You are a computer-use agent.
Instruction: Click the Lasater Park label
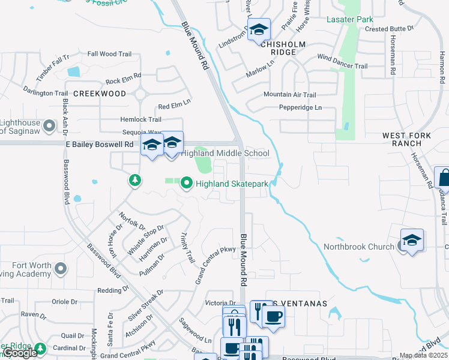click(x=349, y=20)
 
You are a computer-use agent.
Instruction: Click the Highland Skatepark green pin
click(x=186, y=183)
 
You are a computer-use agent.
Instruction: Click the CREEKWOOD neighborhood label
click(x=100, y=94)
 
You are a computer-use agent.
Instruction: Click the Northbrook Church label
click(x=359, y=247)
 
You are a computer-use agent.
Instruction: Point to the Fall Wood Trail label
click(x=109, y=54)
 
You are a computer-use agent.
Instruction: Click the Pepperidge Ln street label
click(x=300, y=107)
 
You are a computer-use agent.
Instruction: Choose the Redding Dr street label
click(x=109, y=290)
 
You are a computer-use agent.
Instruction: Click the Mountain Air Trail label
click(x=289, y=95)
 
